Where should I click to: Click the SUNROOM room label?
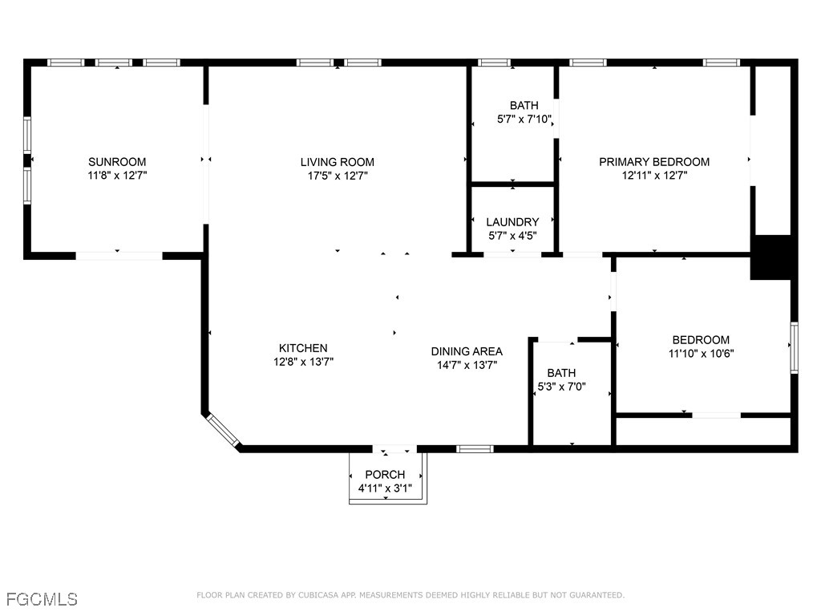click(117, 161)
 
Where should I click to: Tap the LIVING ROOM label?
click(337, 161)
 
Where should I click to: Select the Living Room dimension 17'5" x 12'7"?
click(337, 175)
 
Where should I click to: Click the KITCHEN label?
click(302, 347)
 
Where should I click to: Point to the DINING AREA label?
click(467, 351)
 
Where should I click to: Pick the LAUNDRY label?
click(512, 221)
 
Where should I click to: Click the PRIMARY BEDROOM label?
click(654, 161)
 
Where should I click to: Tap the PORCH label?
click(385, 474)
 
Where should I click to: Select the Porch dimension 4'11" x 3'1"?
click(385, 488)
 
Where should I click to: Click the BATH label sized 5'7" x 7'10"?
click(524, 105)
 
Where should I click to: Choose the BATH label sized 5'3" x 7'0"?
click(561, 372)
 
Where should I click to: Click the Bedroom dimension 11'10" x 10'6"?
click(701, 353)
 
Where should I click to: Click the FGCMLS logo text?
click(42, 599)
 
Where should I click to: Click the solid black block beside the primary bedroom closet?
click(771, 257)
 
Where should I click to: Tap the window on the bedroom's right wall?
click(794, 347)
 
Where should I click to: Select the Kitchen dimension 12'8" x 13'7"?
click(302, 361)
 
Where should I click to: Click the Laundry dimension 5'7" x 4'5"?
click(512, 235)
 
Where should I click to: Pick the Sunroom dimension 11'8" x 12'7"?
click(117, 175)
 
